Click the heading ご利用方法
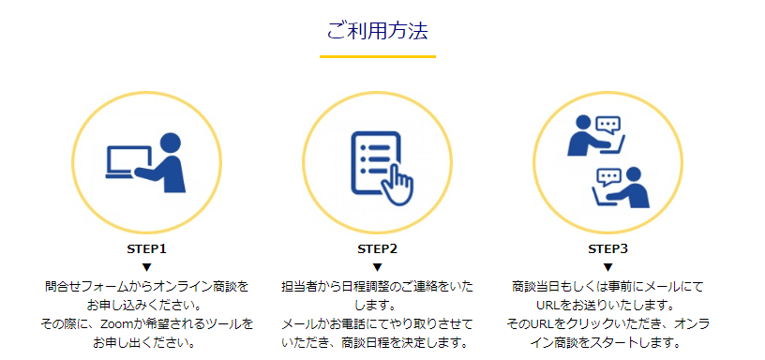pos(378,30)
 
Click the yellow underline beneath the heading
pos(378,57)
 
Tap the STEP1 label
pos(146,249)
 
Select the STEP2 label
pos(378,249)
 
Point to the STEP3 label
pos(607,249)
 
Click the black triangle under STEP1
pos(146,267)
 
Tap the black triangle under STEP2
pos(378,267)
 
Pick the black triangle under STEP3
pos(607,267)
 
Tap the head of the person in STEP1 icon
pos(170,142)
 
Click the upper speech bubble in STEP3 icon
pos(609,125)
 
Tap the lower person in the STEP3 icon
pos(635,187)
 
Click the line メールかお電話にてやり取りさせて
pos(378,323)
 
